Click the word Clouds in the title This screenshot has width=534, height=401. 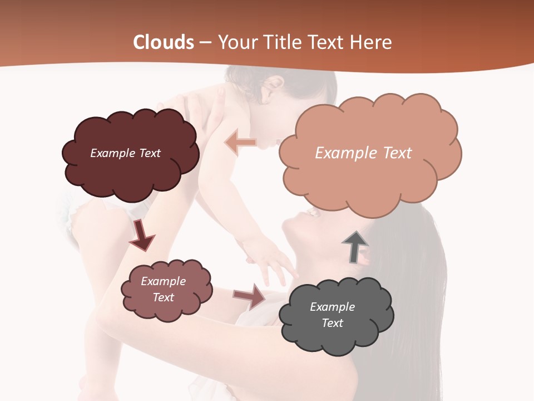(164, 42)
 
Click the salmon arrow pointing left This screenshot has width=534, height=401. (240, 143)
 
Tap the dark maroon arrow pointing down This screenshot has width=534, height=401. (141, 236)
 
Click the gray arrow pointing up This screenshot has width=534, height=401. (354, 246)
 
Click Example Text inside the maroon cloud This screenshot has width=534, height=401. (125, 153)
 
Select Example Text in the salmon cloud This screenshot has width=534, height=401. (363, 153)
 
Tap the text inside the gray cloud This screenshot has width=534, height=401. (332, 315)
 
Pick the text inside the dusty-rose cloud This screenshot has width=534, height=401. (163, 290)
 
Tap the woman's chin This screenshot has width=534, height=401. (287, 226)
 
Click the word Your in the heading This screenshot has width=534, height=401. (236, 42)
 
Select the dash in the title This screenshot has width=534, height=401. (205, 42)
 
